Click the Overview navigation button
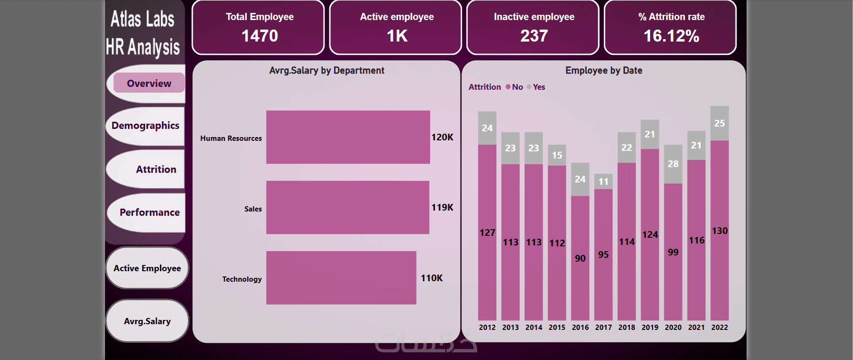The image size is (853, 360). [149, 84]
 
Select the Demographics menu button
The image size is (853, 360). [146, 126]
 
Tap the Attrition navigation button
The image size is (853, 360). [156, 169]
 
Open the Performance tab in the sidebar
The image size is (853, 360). [149, 212]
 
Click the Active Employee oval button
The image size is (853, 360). [147, 268]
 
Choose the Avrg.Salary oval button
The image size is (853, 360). [147, 321]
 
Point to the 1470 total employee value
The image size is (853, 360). [260, 36]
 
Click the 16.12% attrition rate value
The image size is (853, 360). [671, 36]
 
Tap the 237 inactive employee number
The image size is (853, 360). [534, 36]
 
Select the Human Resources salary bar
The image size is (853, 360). [348, 137]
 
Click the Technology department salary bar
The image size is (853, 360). [341, 277]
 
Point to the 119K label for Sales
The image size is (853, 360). [442, 207]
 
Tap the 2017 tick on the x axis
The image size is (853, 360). [603, 328]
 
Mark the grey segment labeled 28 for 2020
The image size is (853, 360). [673, 164]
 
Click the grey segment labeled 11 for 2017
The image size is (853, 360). [603, 181]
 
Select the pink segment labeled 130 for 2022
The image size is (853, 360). [719, 231]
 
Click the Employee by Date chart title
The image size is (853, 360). [604, 71]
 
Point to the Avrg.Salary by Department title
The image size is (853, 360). [326, 71]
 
